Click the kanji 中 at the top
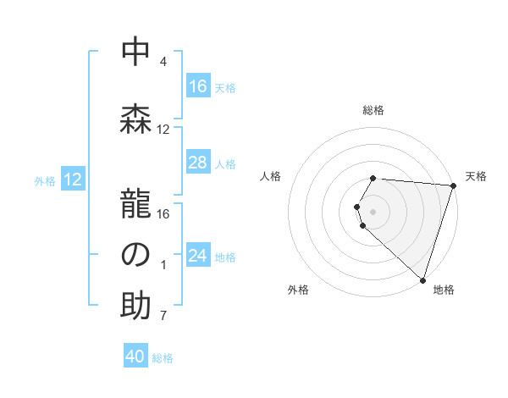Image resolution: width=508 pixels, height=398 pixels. click(x=135, y=52)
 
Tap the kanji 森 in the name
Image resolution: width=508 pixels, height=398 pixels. click(x=135, y=119)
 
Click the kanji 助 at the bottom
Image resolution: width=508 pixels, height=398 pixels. click(x=135, y=306)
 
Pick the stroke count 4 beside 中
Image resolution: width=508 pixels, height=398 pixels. click(x=163, y=63)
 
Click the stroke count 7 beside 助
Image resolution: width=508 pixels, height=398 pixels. click(x=163, y=317)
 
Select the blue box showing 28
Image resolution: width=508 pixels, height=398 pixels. click(x=197, y=163)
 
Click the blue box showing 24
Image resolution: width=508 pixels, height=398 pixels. click(x=197, y=256)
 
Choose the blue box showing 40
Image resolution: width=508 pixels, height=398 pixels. click(x=135, y=357)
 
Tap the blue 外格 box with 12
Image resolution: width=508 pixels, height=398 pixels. click(x=72, y=180)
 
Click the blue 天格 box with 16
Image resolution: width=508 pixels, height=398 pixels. click(x=197, y=86)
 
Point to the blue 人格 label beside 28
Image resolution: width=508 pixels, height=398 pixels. click(x=225, y=163)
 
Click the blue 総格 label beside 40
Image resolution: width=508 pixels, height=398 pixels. click(x=163, y=358)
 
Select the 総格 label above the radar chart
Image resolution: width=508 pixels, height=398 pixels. click(x=373, y=110)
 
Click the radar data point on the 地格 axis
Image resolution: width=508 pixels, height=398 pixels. click(x=422, y=279)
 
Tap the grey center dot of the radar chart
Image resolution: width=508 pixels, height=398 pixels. click(x=373, y=210)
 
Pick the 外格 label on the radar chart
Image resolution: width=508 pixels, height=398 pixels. click(x=298, y=290)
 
